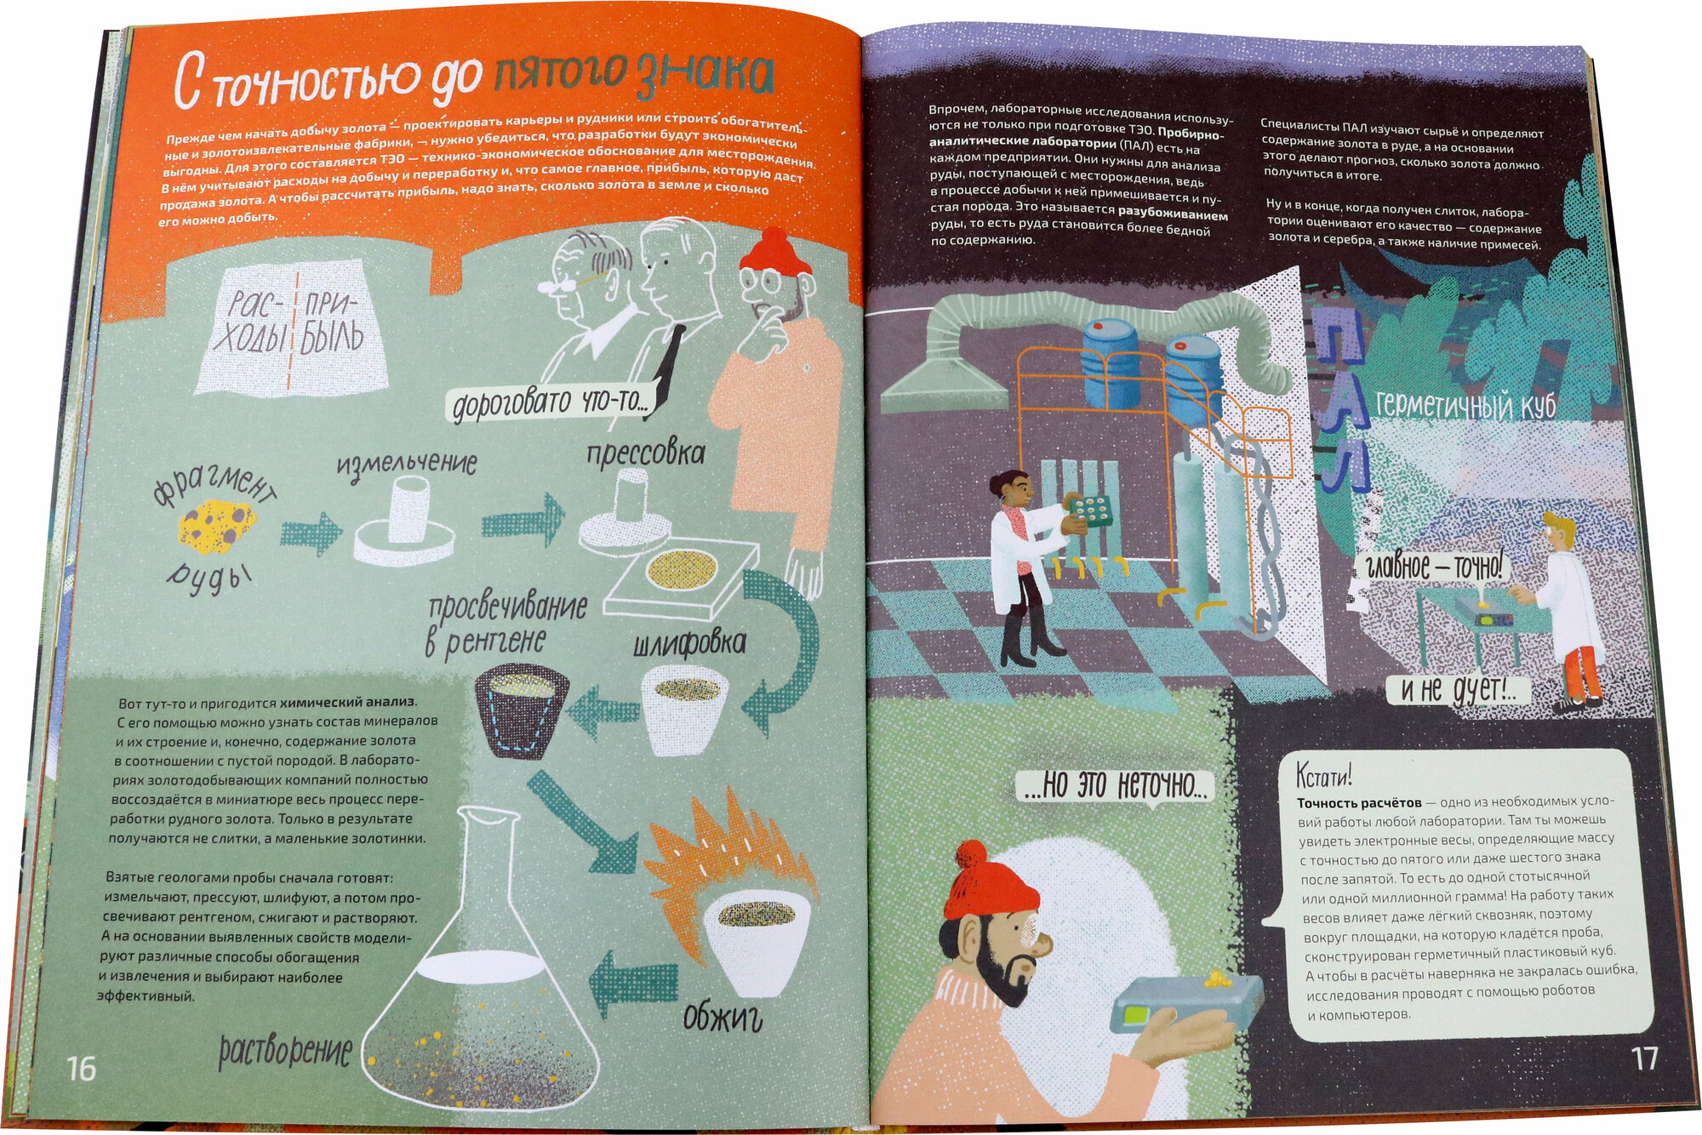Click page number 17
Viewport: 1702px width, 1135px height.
1644,1058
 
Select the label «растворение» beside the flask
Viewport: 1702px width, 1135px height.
285,1052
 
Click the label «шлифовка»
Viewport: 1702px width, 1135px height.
689,642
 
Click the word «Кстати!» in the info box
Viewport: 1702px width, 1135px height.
1323,775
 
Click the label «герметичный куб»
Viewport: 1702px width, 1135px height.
1465,405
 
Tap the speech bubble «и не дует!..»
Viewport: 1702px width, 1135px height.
1459,690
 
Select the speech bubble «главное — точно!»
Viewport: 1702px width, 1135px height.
1433,566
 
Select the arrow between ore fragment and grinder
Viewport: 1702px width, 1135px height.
311,533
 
